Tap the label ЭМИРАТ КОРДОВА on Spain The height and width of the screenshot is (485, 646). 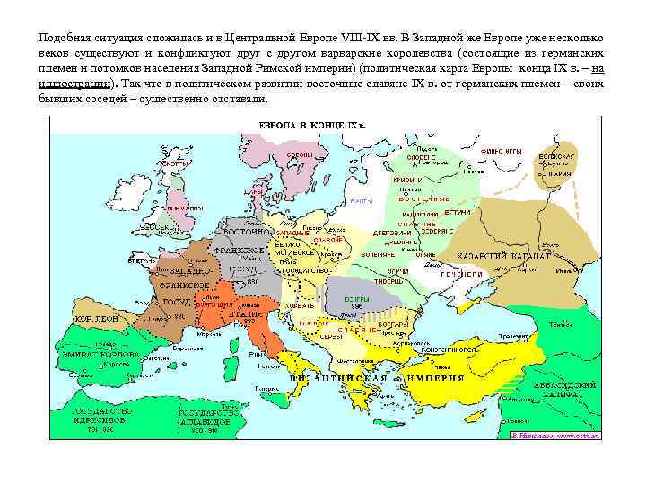pos(100,355)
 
